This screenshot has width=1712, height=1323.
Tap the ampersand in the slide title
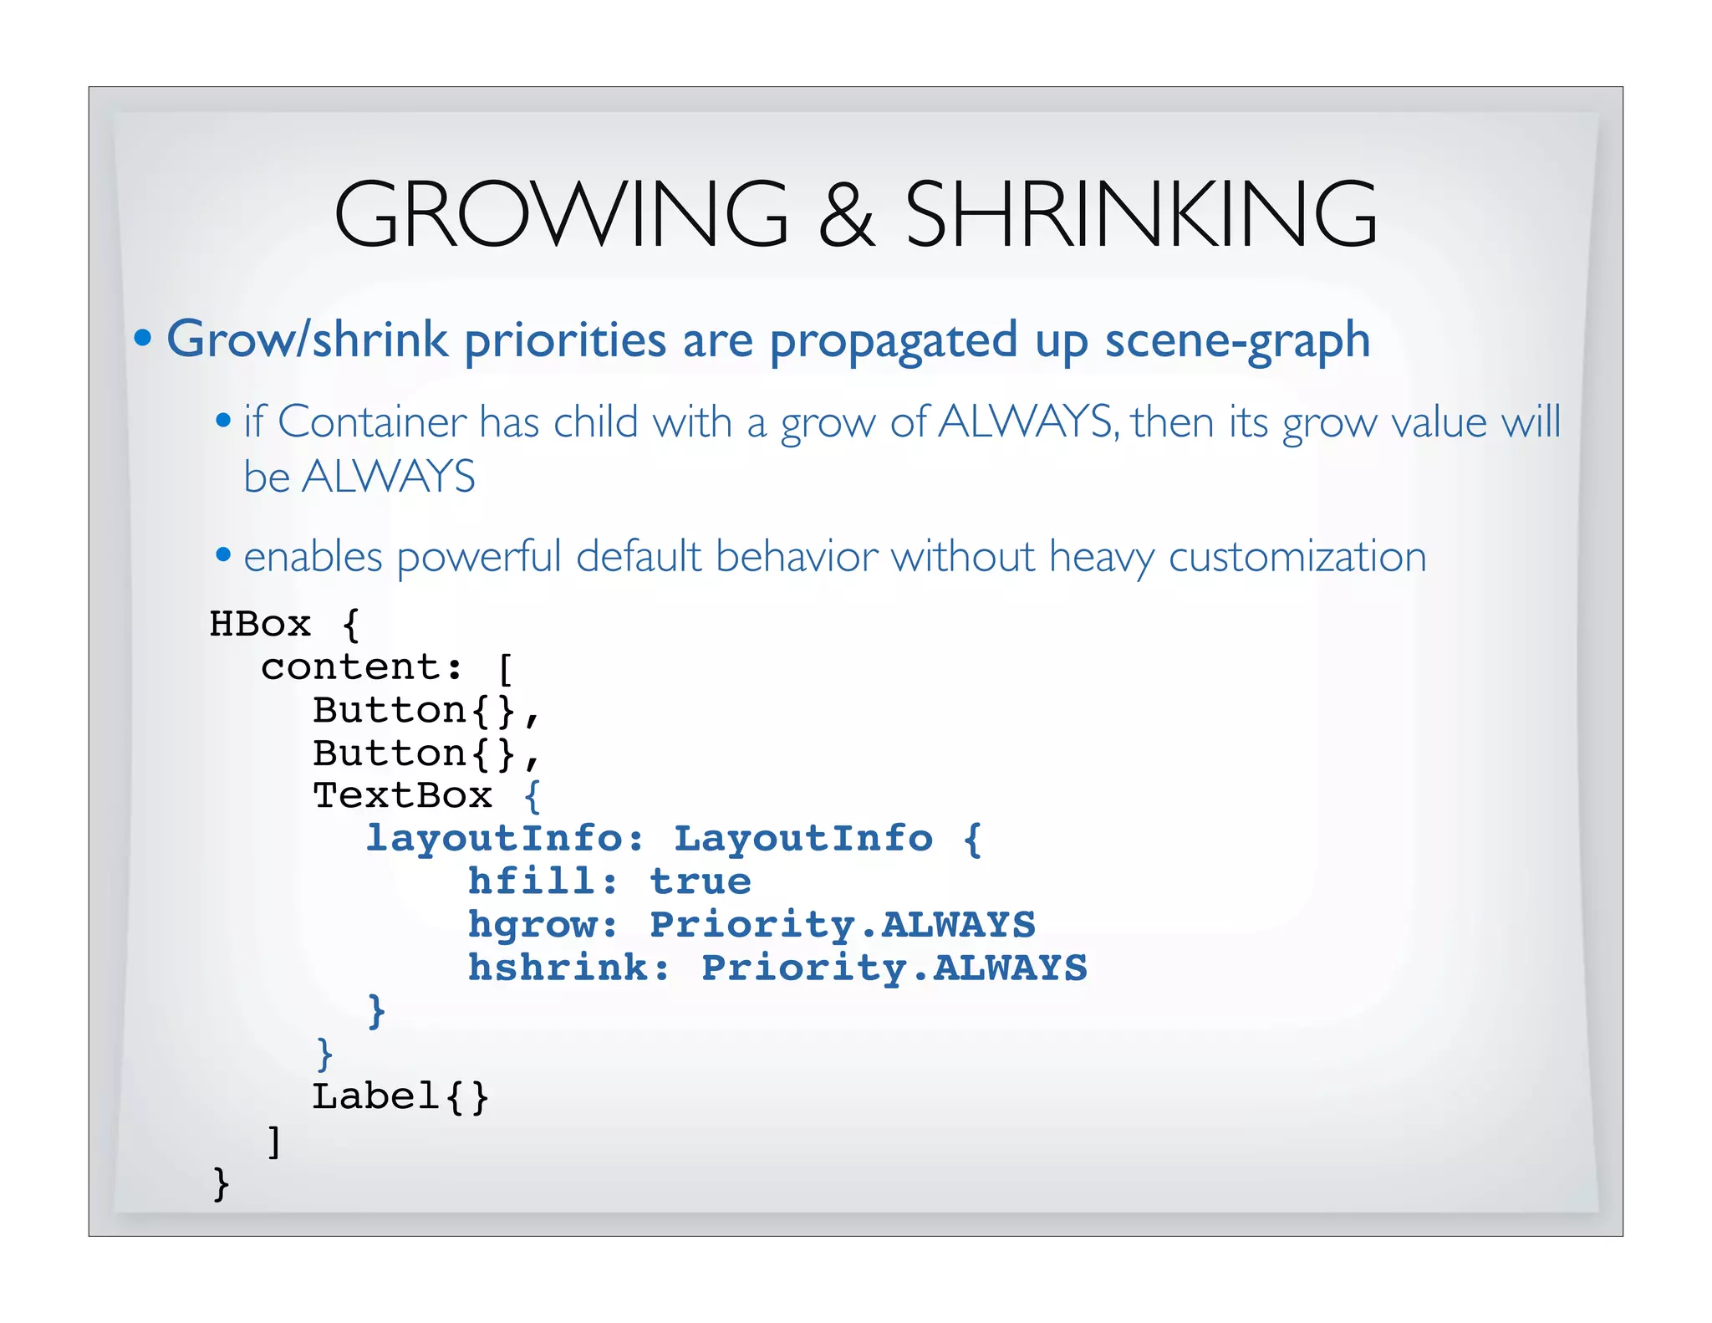click(x=846, y=215)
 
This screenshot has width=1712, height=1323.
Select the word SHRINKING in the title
click(x=1141, y=215)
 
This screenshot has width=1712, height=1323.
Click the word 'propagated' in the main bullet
click(x=893, y=341)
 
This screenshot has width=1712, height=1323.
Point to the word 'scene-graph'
click(x=1237, y=341)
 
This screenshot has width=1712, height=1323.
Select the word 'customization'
click(x=1297, y=557)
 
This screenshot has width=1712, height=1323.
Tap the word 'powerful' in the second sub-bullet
click(x=479, y=557)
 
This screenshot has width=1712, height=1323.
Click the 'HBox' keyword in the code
click(x=260, y=625)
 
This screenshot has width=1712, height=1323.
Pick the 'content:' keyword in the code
click(x=361, y=667)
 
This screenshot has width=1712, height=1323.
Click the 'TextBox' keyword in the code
click(x=402, y=795)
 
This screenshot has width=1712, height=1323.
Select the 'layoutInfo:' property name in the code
click(x=505, y=839)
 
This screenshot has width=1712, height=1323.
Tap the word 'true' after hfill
click(x=701, y=881)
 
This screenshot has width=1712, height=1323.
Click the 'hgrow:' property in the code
click(x=543, y=925)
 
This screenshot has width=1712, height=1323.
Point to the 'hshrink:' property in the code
click(x=568, y=968)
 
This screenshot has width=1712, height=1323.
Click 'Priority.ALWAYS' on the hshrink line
click(x=894, y=968)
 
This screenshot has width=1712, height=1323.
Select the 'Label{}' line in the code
click(x=400, y=1096)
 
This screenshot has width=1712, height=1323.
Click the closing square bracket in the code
click(x=273, y=1141)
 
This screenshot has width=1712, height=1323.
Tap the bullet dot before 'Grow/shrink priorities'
click(x=143, y=338)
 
